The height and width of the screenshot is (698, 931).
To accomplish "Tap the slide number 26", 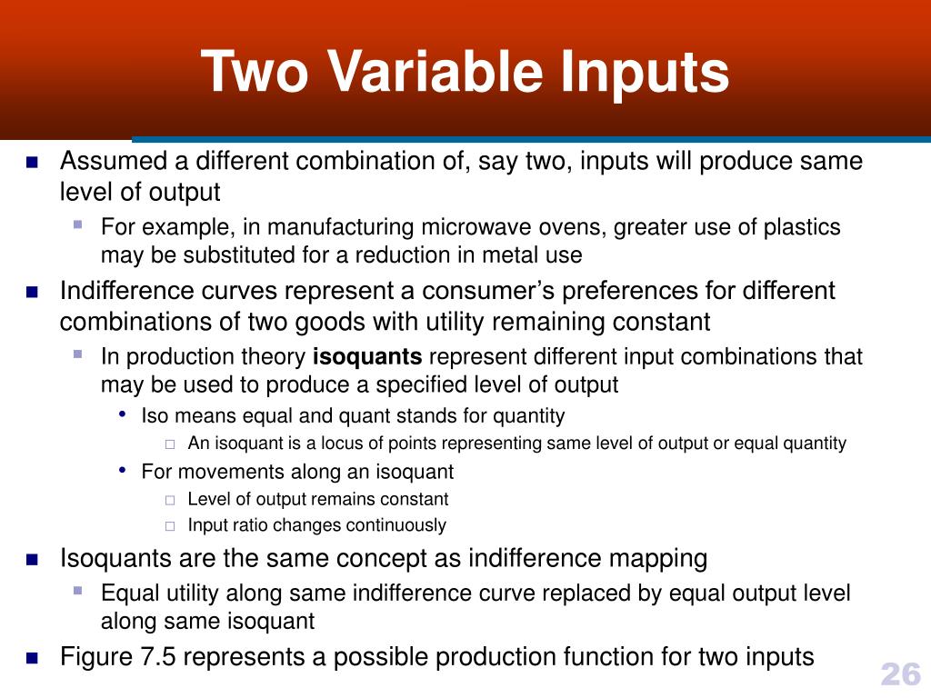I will [900, 674].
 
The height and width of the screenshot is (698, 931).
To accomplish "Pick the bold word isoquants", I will [367, 356].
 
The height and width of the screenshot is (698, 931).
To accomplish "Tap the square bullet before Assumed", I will [33, 164].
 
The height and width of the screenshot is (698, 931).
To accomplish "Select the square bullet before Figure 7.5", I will [33, 658].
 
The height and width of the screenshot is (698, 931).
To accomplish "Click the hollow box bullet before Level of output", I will [170, 500].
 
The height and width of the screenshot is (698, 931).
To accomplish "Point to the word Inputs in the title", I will [645, 73].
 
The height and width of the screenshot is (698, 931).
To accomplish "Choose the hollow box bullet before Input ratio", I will [170, 526].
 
